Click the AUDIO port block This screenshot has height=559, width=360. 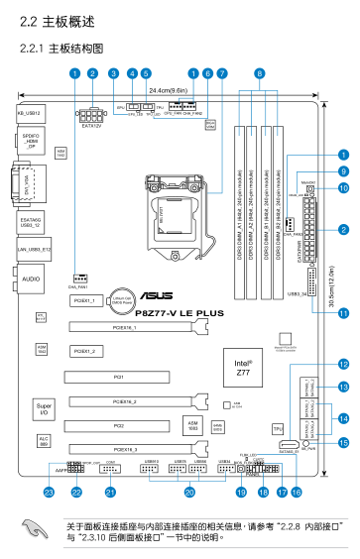pos(32,281)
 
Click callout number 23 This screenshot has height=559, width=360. pos(48,492)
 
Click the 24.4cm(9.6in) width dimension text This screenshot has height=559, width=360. pos(177,90)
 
